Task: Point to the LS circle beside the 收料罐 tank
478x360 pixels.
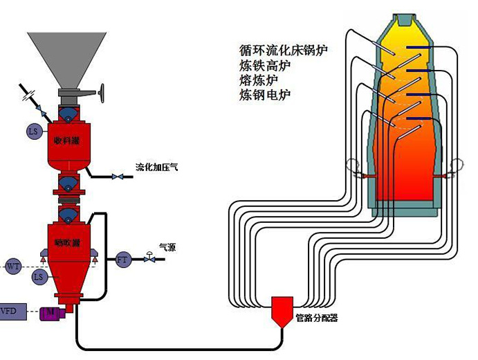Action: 33,131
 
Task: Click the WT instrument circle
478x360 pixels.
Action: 14,266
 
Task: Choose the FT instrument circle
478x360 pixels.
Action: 123,260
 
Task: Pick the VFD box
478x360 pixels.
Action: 9,312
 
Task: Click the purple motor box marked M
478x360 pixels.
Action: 50,313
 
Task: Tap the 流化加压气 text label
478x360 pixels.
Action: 156,167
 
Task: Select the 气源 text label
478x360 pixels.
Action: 167,246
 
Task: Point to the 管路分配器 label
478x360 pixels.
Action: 316,318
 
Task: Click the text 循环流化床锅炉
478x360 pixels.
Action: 282,51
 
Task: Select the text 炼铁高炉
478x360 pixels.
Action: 265,66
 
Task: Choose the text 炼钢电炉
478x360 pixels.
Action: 265,95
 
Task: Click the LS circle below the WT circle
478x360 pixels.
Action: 39,277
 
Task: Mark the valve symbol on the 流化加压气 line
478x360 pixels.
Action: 118,177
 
